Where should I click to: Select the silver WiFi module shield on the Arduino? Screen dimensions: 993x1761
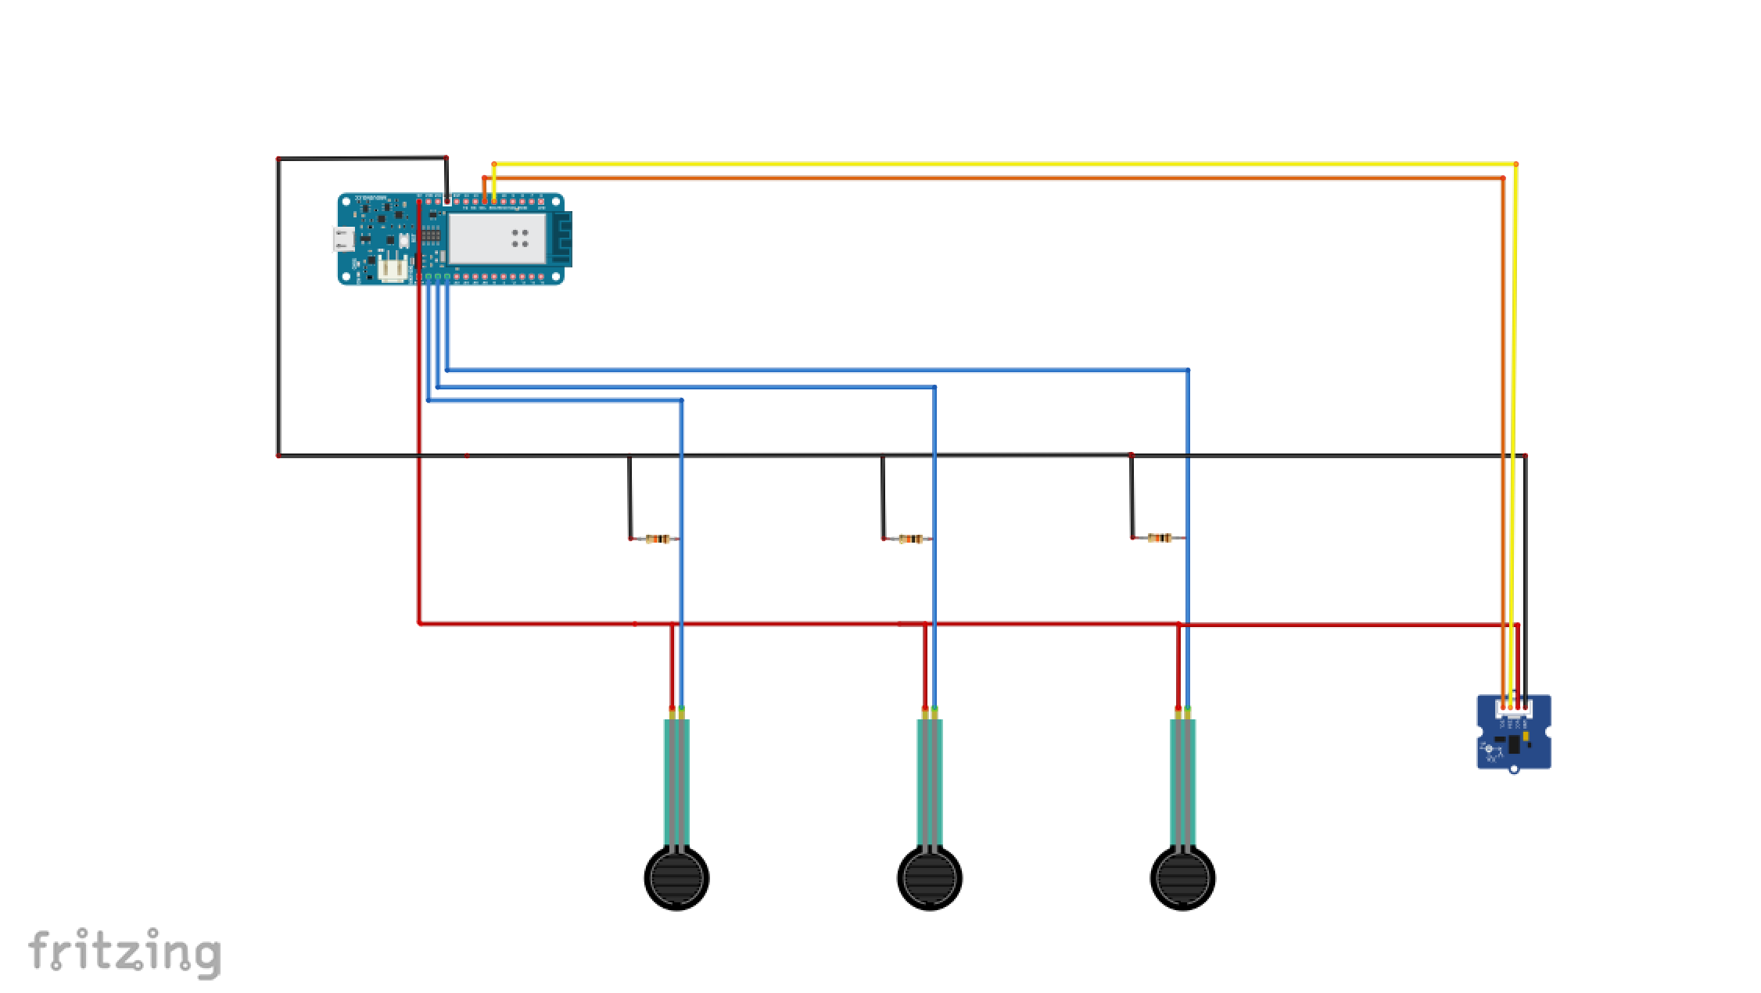point(496,237)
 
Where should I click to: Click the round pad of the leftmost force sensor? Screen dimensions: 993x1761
point(676,878)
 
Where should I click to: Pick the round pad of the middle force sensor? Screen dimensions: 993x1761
point(930,878)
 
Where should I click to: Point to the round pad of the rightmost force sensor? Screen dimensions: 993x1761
point(1183,878)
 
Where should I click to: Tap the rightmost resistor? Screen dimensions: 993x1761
point(1160,538)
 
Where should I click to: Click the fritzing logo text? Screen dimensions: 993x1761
point(125,952)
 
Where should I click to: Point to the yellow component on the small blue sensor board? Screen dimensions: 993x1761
point(1526,737)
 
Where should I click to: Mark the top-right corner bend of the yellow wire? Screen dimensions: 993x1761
point(1515,164)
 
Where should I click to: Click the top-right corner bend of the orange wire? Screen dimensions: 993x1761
point(1503,179)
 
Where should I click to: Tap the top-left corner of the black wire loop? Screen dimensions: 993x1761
point(278,160)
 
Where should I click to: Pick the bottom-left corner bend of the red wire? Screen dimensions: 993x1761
point(420,623)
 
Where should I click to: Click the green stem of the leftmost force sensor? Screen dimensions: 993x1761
point(676,782)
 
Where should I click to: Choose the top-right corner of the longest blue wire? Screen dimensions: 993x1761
point(1188,370)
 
